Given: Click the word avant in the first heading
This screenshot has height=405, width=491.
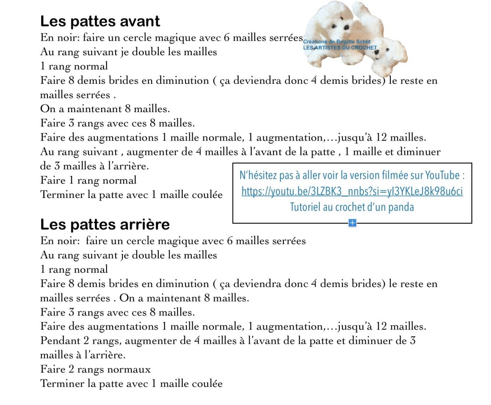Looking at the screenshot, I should click(139, 22).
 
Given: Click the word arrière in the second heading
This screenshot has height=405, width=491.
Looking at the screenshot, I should click(147, 225).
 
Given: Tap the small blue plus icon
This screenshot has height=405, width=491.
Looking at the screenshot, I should click(352, 222).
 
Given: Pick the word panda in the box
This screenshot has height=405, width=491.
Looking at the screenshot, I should click(402, 208).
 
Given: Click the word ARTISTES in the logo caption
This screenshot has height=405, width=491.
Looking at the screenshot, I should click(331, 48).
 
